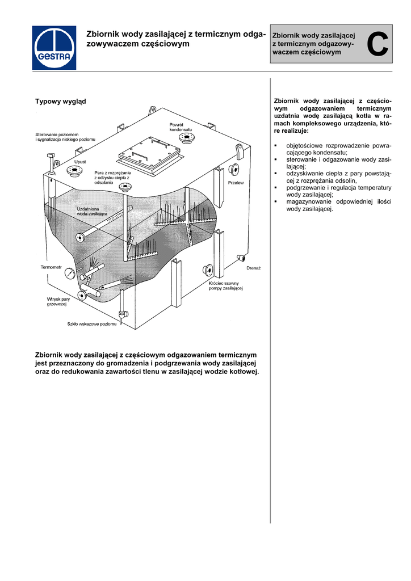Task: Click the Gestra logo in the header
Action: (x=53, y=48)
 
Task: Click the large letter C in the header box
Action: (x=378, y=45)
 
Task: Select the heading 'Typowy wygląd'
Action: (x=61, y=101)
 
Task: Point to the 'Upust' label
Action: (x=80, y=162)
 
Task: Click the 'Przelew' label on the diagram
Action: (x=235, y=183)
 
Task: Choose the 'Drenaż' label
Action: (x=253, y=267)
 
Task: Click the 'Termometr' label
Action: (x=51, y=267)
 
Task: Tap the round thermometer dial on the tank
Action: (x=70, y=273)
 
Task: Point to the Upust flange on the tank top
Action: (x=74, y=170)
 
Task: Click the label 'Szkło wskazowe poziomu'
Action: (x=91, y=324)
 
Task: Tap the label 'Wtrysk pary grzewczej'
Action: (x=58, y=301)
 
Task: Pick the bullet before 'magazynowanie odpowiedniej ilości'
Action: (x=275, y=201)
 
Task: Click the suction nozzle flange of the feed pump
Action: (x=208, y=269)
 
